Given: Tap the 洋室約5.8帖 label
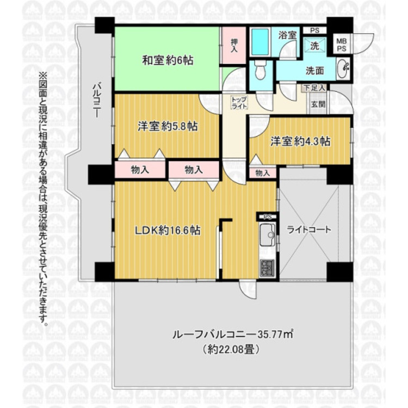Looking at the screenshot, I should (x=167, y=127).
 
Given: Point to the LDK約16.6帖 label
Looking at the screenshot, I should (x=168, y=230).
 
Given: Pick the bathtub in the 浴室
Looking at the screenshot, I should (x=260, y=40).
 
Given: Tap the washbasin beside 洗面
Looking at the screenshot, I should (x=343, y=69).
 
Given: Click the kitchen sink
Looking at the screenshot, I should (x=268, y=237).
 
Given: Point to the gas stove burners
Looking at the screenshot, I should (x=268, y=268).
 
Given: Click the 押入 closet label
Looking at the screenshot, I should (x=234, y=46).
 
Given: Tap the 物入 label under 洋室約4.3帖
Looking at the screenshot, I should (x=262, y=173).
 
